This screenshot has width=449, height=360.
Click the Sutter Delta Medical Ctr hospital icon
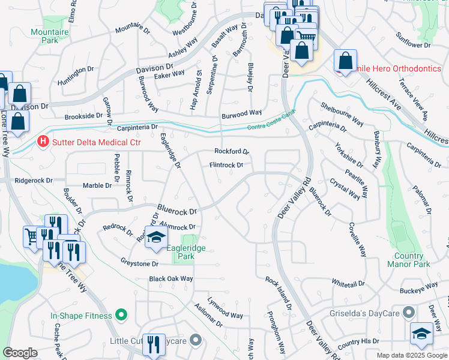pyautogui.click(x=43, y=142)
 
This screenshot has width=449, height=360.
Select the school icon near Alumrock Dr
pyautogui.click(x=156, y=237)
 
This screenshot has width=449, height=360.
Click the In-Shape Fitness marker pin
pyautogui.click(x=121, y=315)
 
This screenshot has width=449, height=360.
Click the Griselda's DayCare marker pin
pyautogui.click(x=409, y=313)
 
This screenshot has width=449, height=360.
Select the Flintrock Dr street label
pyautogui.click(x=226, y=165)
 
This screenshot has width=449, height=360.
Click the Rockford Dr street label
pyautogui.click(x=232, y=152)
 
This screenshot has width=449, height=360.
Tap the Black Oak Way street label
pyautogui.click(x=171, y=279)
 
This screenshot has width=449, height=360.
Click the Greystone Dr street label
pyautogui.click(x=139, y=263)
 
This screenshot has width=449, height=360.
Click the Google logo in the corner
pyautogui.click(x=20, y=353)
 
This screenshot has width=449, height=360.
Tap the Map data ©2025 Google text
pyautogui.click(x=412, y=355)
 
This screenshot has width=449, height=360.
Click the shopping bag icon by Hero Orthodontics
pyautogui.click(x=346, y=61)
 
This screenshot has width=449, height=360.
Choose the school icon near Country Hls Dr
pyautogui.click(x=421, y=334)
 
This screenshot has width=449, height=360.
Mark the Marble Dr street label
pyautogui.click(x=97, y=185)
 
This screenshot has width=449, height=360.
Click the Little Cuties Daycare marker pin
pyautogui.click(x=195, y=341)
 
